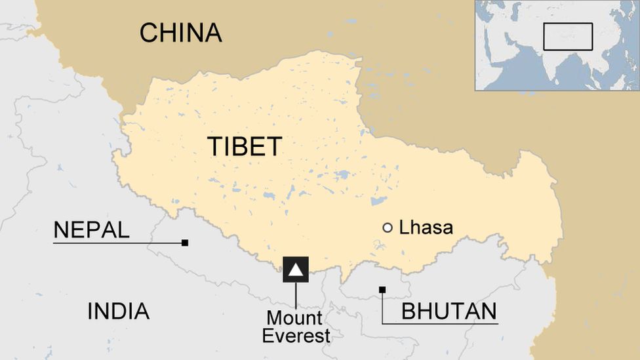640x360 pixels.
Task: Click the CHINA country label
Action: [180, 32]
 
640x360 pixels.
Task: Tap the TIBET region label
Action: [245, 146]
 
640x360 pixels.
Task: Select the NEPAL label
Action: [91, 230]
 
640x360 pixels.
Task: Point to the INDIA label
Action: [118, 311]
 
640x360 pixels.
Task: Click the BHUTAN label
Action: [449, 311]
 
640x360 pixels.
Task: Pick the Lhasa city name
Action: [426, 228]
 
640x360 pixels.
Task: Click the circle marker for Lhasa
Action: [388, 228]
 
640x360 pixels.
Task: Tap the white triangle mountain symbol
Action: [296, 269]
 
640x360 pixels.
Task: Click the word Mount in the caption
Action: [294, 319]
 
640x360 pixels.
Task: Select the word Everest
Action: [296, 336]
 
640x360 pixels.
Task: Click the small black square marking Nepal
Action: [185, 243]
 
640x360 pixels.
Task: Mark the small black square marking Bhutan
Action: [382, 289]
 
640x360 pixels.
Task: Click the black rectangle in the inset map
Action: [567, 37]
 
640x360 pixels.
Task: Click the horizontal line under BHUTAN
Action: [439, 323]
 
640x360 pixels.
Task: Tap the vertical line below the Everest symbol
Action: [296, 295]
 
